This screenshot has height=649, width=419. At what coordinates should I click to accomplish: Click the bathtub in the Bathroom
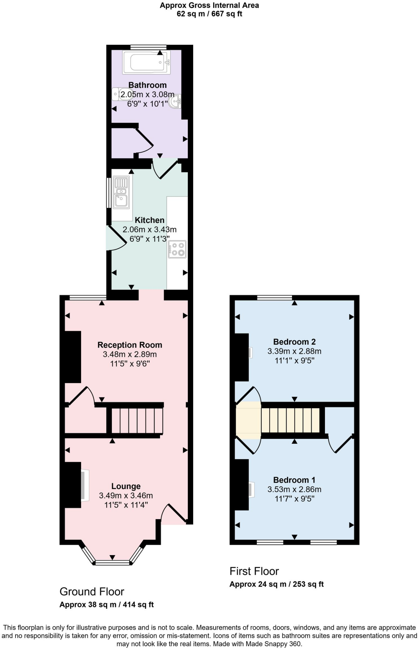pos(146,62)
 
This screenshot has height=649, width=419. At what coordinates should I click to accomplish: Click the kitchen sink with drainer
pos(121,193)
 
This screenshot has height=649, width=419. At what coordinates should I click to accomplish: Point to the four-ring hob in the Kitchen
pos(177,249)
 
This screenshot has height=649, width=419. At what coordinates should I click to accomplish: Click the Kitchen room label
pos(149,220)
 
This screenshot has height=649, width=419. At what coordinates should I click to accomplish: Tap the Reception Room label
pos(130,345)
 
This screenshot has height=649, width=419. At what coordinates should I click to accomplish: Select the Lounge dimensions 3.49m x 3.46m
pos(126,495)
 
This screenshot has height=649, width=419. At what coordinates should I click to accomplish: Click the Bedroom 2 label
pos(294,342)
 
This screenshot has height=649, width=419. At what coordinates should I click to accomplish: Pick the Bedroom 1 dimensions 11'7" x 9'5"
pos(294,499)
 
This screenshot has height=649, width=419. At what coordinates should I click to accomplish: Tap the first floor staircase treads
pos(290,420)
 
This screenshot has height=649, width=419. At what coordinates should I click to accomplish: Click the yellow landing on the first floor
pos(248,420)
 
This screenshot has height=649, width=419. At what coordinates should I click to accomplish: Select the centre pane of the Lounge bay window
pos(112,562)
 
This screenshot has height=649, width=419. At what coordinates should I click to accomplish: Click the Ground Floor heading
pos(92,591)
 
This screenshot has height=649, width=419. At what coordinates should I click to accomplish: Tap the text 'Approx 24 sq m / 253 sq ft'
pos(276,584)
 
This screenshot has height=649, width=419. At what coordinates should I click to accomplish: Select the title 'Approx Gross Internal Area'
pos(209,5)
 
